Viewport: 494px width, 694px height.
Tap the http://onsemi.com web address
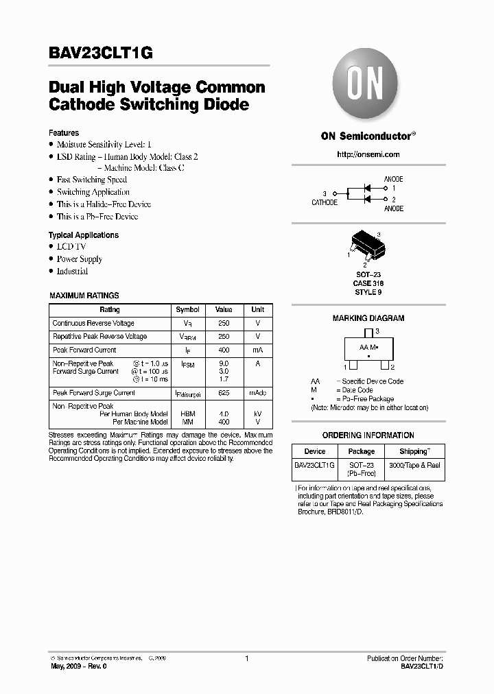click(368, 154)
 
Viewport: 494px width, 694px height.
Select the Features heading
click(64, 133)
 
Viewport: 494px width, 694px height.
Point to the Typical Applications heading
click(83, 235)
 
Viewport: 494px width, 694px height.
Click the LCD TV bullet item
click(71, 247)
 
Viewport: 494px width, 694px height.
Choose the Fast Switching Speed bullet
click(91, 180)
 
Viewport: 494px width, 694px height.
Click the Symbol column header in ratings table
click(187, 310)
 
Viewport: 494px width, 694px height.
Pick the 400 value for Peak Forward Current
click(224, 350)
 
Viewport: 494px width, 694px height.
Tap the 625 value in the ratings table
click(224, 393)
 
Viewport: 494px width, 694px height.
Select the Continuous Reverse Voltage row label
click(93, 323)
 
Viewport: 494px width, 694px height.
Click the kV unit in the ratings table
click(257, 414)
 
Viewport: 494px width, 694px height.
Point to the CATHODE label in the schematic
click(325, 203)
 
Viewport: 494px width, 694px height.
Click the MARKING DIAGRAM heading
click(368, 318)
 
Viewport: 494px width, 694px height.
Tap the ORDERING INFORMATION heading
click(368, 435)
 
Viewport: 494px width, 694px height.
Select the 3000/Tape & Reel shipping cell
click(414, 466)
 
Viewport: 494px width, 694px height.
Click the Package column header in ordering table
click(362, 451)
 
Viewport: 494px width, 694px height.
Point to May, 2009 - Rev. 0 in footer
click(79, 666)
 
